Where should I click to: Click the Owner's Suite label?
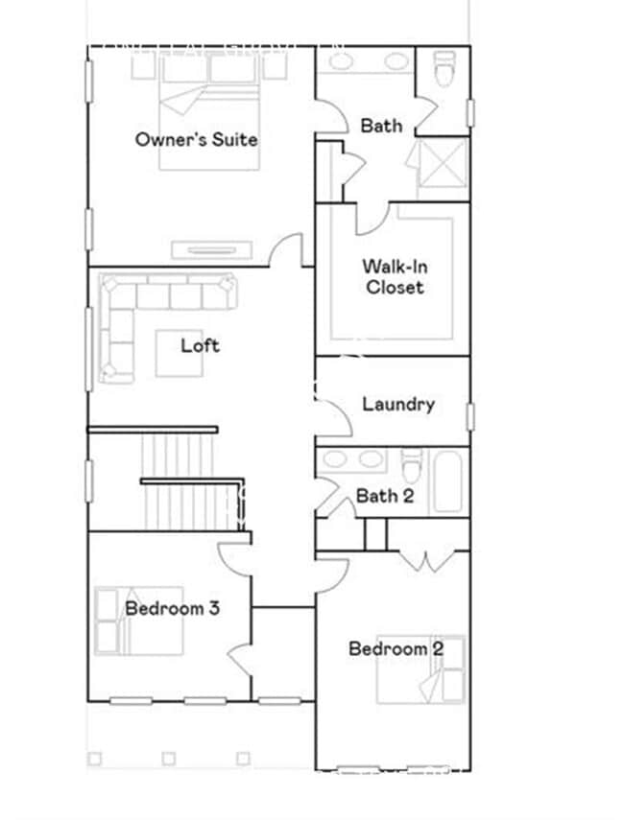196,139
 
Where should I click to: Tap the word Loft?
200,345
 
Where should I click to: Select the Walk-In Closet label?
394,277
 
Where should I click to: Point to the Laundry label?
397,404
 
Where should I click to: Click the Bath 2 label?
384,496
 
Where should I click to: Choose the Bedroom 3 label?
172,608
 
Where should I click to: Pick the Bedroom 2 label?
396,649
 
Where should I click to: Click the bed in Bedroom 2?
420,669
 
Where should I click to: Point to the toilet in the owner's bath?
443,70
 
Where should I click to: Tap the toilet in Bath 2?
411,468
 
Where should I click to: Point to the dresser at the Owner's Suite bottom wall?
211,250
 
